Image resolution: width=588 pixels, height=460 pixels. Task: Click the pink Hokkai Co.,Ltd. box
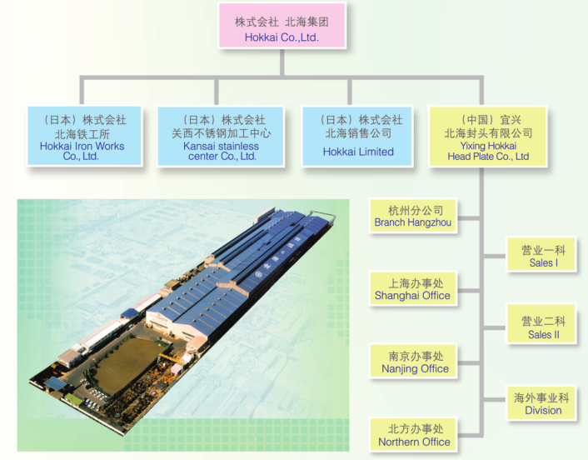(x=282, y=26)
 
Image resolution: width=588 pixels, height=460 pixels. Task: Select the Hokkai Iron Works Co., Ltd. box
(x=85, y=136)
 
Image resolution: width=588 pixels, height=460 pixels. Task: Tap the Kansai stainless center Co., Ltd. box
(x=221, y=136)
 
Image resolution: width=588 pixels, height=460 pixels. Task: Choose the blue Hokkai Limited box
(x=358, y=136)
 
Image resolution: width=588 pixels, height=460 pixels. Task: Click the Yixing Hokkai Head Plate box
(x=488, y=136)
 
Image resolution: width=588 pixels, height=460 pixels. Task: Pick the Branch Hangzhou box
(x=413, y=216)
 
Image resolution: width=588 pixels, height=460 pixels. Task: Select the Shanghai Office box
(x=413, y=288)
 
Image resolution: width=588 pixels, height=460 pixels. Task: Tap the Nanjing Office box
(x=413, y=362)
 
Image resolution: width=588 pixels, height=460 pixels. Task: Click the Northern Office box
(x=413, y=434)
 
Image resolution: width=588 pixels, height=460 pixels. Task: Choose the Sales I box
(x=541, y=254)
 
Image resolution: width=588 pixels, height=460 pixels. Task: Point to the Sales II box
(x=541, y=324)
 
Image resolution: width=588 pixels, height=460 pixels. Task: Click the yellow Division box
(x=541, y=403)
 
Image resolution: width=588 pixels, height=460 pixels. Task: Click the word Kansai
(x=199, y=146)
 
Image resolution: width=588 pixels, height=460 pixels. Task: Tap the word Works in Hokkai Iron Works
(x=109, y=146)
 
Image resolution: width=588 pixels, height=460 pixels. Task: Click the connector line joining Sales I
(x=495, y=257)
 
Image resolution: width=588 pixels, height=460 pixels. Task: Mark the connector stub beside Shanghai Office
(x=468, y=291)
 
